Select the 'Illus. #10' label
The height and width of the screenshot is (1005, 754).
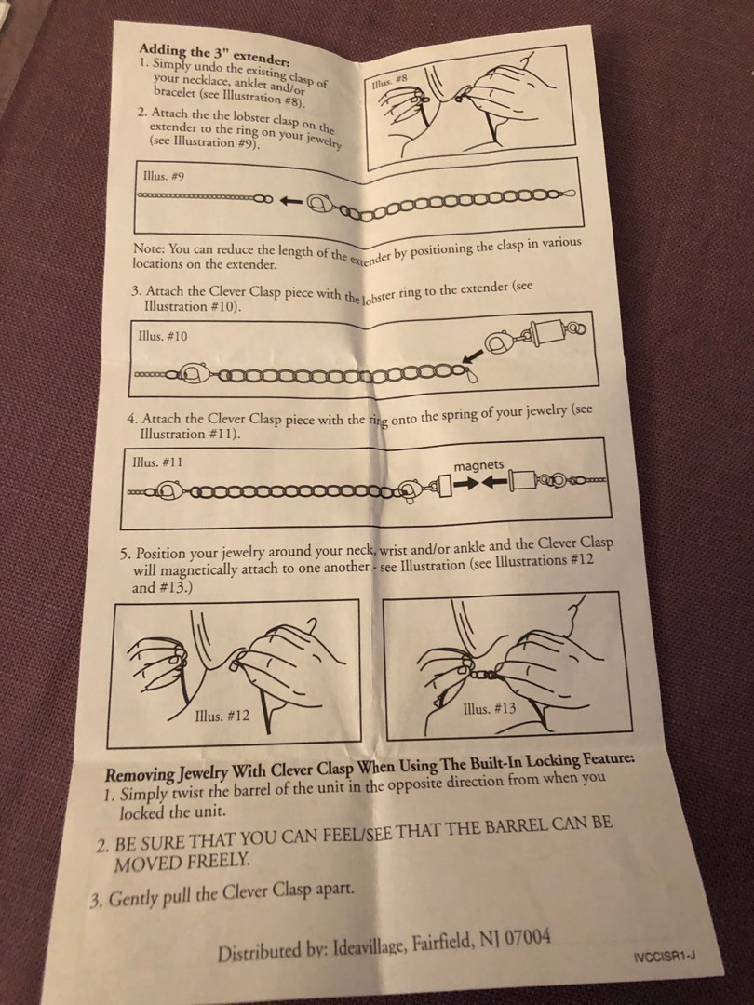click(163, 335)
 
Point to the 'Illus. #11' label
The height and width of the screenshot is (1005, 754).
click(157, 462)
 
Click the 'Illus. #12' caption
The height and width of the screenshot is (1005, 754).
click(222, 716)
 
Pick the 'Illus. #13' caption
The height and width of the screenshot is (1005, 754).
click(490, 708)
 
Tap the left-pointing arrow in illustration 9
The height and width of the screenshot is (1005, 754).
click(291, 201)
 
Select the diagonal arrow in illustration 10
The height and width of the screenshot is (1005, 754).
click(472, 354)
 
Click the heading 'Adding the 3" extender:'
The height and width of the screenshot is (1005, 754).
click(215, 56)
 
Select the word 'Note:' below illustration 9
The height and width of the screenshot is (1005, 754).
click(149, 248)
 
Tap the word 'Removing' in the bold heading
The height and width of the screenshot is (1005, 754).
click(139, 774)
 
